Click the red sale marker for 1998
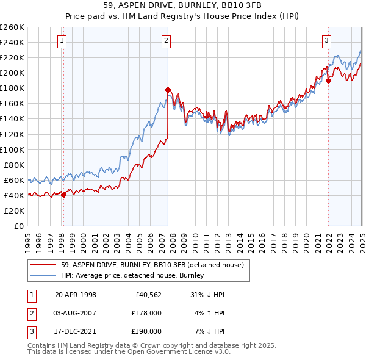point(63,195)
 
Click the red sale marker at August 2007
point(167,90)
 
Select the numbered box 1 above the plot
point(63,41)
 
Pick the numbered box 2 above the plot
point(167,41)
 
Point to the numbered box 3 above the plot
point(327,41)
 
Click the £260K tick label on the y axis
point(12,27)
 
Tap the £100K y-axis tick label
point(12,149)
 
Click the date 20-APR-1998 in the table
point(76,295)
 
